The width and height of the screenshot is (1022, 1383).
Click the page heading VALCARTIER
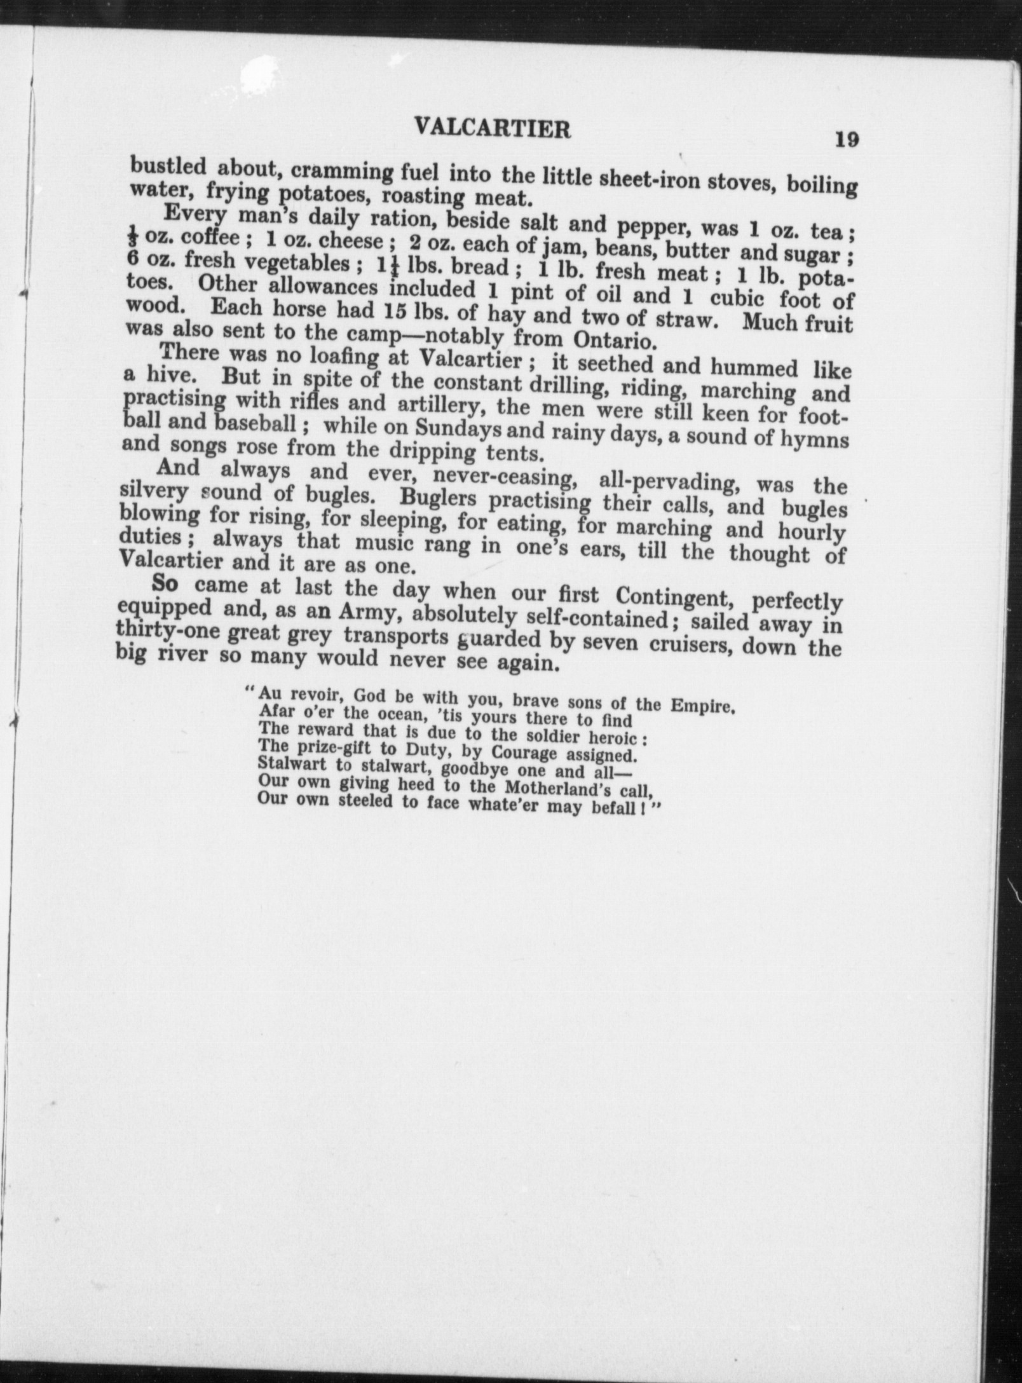pos(492,129)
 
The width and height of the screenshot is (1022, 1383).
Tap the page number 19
pos(847,139)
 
